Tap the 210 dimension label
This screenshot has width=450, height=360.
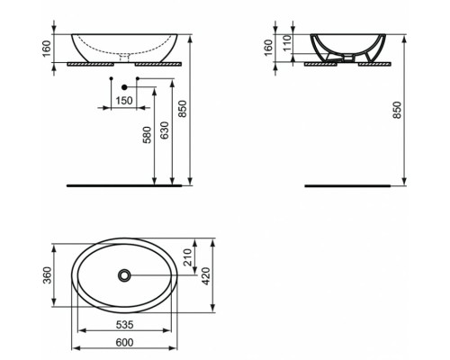coord(188,258)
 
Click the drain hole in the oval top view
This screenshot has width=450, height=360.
coord(123,274)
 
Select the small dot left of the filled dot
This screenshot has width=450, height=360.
coord(110,82)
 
